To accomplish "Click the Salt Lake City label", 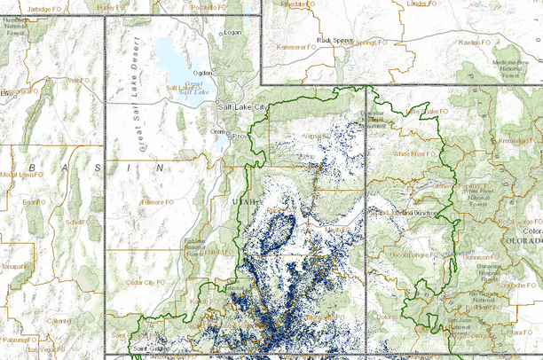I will [242, 107].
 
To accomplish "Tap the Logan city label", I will [232, 33].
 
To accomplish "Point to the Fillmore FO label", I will [156, 202].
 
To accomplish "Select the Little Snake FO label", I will [424, 111].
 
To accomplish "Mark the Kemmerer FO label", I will [296, 46].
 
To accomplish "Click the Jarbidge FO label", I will [46, 7].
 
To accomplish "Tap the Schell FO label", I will [74, 223].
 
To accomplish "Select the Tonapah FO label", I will [12, 265].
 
